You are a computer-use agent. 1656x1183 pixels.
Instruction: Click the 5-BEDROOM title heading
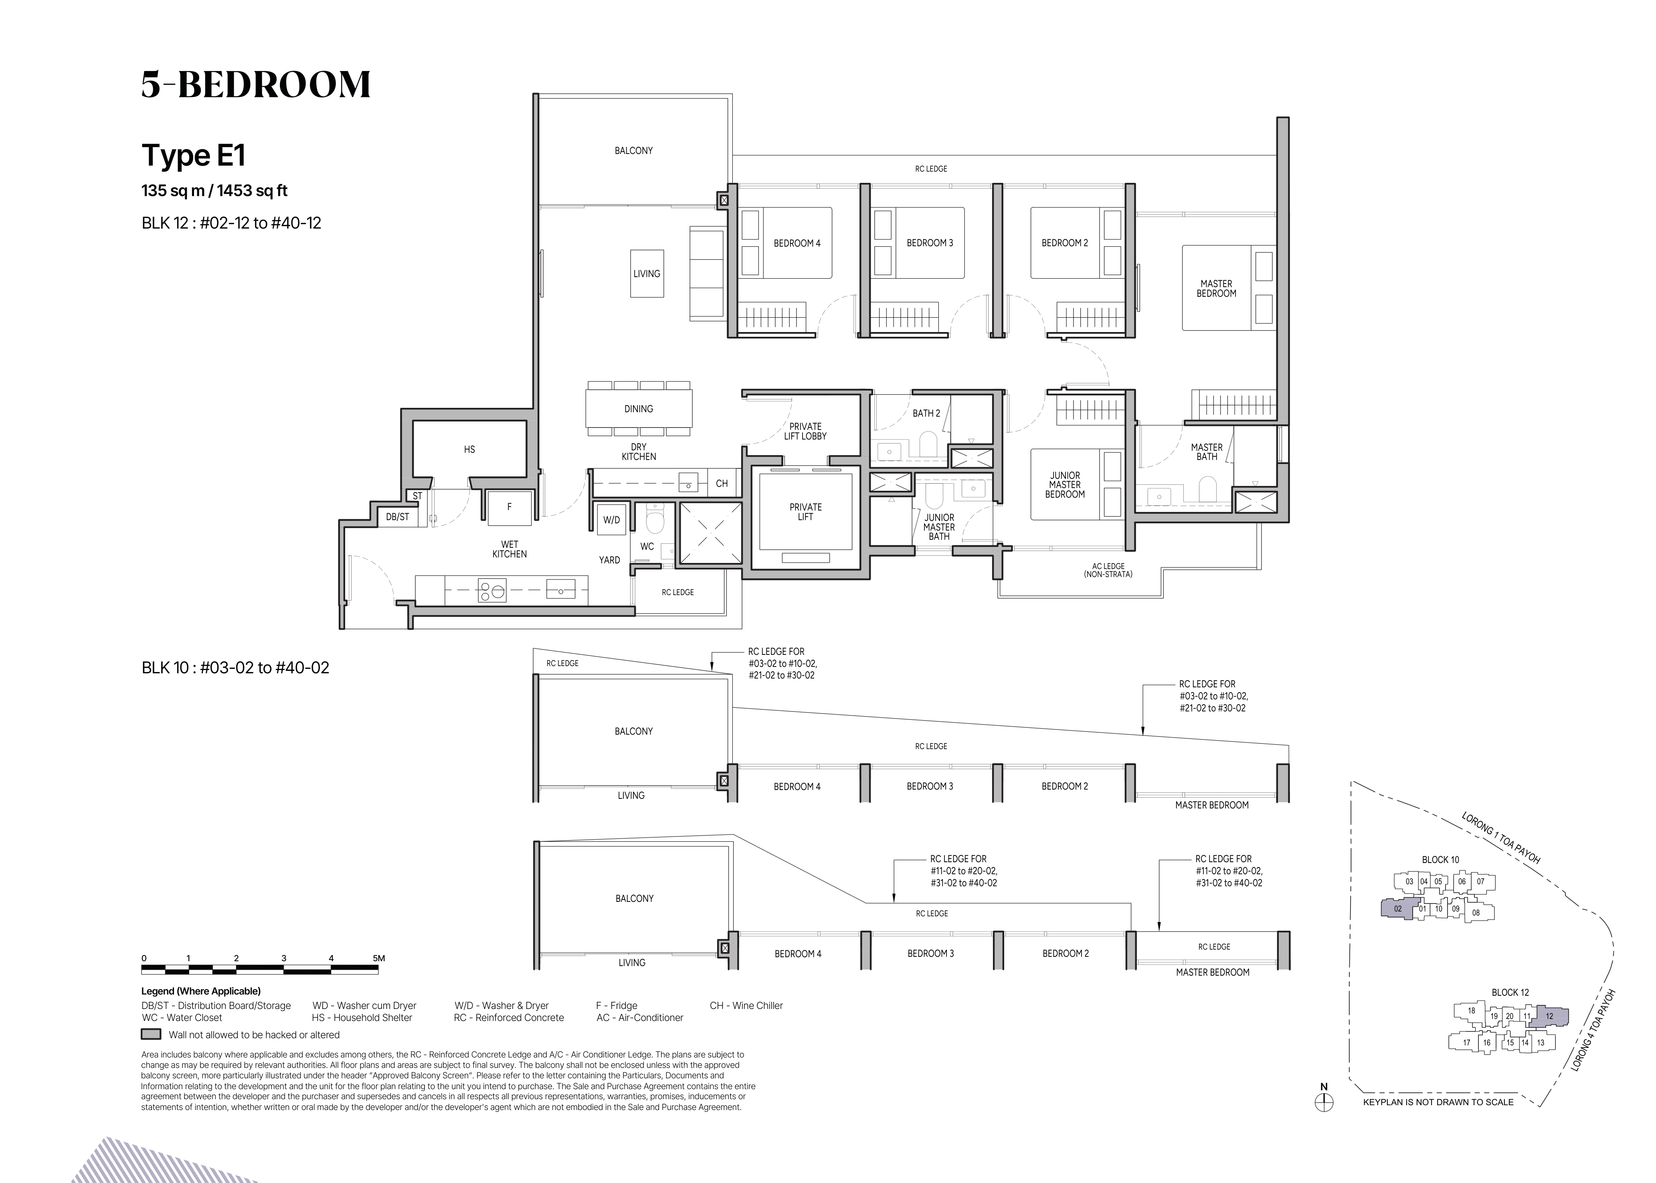pyautogui.click(x=256, y=85)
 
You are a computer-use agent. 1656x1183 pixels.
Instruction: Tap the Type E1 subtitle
pyautogui.click(x=194, y=155)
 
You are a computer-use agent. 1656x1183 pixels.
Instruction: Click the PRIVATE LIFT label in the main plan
pyautogui.click(x=805, y=511)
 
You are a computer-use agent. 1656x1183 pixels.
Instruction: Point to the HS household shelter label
pyautogui.click(x=470, y=450)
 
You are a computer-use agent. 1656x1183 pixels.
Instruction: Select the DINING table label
pyautogui.click(x=639, y=409)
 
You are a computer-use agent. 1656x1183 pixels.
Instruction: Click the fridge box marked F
pyautogui.click(x=509, y=507)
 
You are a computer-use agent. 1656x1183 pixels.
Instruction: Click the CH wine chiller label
pyautogui.click(x=722, y=483)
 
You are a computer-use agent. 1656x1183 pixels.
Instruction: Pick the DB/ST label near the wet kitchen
pyautogui.click(x=398, y=517)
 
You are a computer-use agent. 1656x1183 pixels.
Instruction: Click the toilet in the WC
pyautogui.click(x=655, y=519)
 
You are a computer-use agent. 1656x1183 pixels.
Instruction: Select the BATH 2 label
pyautogui.click(x=926, y=413)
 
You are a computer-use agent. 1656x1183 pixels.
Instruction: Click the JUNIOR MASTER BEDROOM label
pyautogui.click(x=1065, y=484)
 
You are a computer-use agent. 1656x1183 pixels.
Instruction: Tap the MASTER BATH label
pyautogui.click(x=1207, y=452)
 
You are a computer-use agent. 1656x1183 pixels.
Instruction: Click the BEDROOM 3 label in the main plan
pyautogui.click(x=930, y=243)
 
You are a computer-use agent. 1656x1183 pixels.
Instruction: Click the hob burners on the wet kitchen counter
pyautogui.click(x=491, y=590)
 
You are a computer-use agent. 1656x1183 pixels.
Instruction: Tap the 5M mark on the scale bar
pyautogui.click(x=379, y=958)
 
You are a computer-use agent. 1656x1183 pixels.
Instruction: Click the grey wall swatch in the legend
pyautogui.click(x=151, y=1034)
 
